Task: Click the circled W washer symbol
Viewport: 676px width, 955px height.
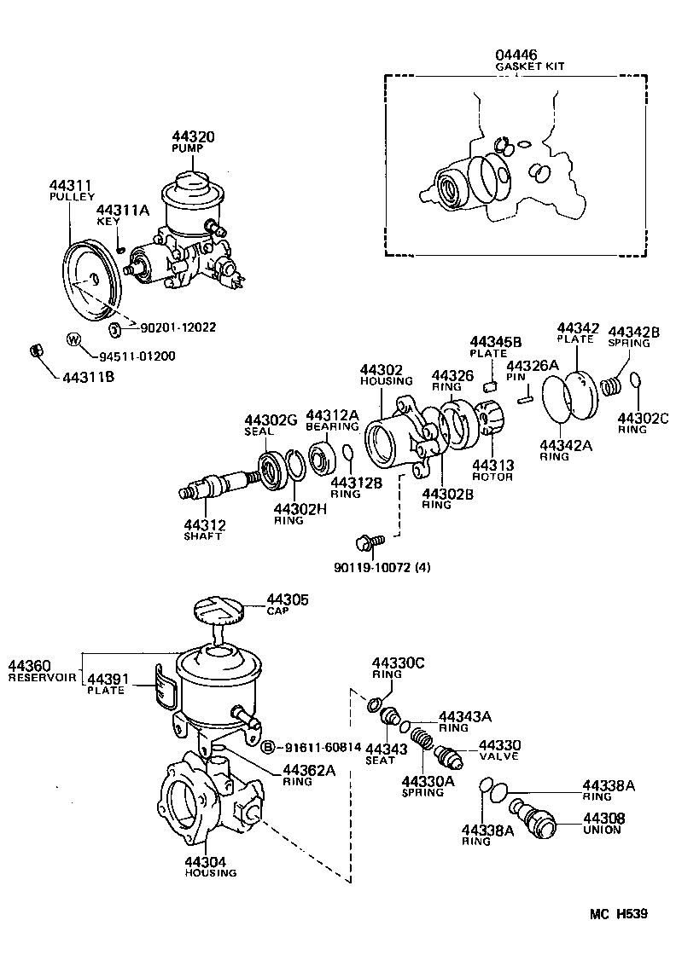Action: pos(74,339)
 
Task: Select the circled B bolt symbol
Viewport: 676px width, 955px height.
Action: pos(267,747)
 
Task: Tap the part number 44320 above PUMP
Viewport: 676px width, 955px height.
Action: pos(193,136)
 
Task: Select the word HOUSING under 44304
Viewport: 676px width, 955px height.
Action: pos(209,873)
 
